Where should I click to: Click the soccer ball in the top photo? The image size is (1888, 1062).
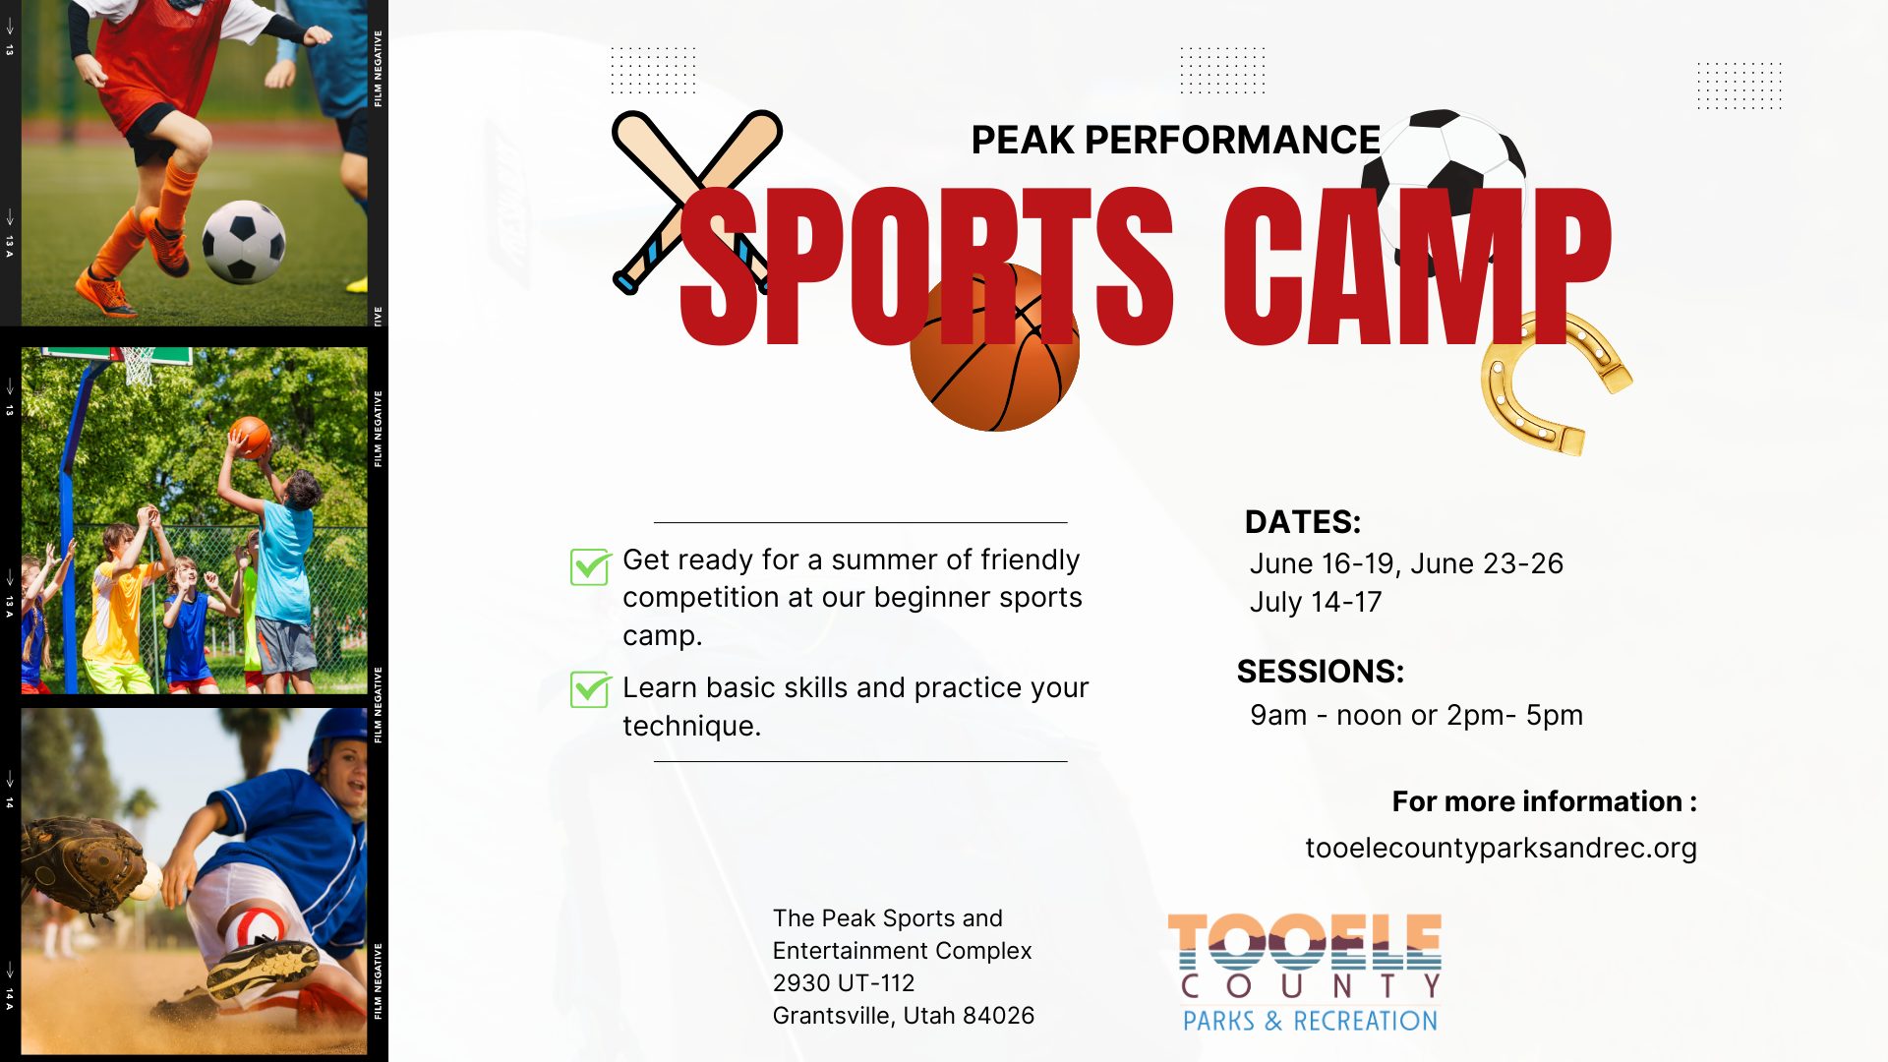[244, 242]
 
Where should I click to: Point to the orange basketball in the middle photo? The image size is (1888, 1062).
[251, 436]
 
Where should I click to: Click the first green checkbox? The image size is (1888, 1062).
[590, 566]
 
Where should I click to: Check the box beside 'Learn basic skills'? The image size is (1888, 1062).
[590, 689]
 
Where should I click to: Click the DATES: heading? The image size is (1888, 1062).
[1303, 521]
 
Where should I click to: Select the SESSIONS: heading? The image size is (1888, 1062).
[1321, 671]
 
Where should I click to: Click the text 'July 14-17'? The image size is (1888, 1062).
[1316, 602]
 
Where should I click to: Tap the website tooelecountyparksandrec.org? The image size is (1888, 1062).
[1501, 848]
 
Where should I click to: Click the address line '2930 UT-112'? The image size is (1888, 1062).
[844, 983]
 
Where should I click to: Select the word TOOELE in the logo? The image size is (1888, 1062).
[1305, 942]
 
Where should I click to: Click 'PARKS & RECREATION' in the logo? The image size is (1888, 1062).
[1310, 1021]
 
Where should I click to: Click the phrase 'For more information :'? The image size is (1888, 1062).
[1545, 801]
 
